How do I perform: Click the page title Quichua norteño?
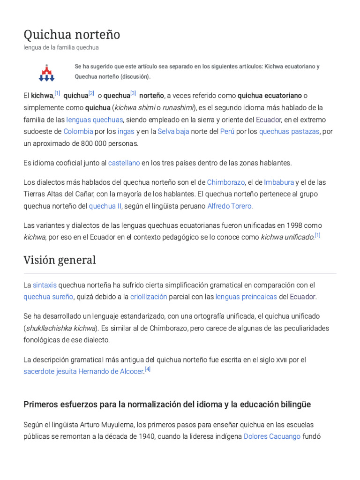click(x=72, y=34)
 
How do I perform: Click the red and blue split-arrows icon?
click(x=46, y=72)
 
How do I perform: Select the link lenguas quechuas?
click(x=94, y=120)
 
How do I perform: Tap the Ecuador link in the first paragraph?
click(x=268, y=120)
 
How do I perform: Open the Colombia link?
click(x=78, y=131)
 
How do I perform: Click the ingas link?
click(x=126, y=131)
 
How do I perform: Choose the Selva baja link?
click(x=173, y=131)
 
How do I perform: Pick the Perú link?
click(x=227, y=131)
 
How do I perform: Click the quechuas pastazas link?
click(x=289, y=131)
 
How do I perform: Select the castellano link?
click(x=124, y=163)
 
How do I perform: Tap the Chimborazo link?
click(x=226, y=182)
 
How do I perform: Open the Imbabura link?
click(x=279, y=182)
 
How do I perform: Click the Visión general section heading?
click(x=60, y=260)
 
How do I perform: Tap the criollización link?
click(x=148, y=297)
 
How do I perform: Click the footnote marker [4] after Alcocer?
click(x=148, y=369)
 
